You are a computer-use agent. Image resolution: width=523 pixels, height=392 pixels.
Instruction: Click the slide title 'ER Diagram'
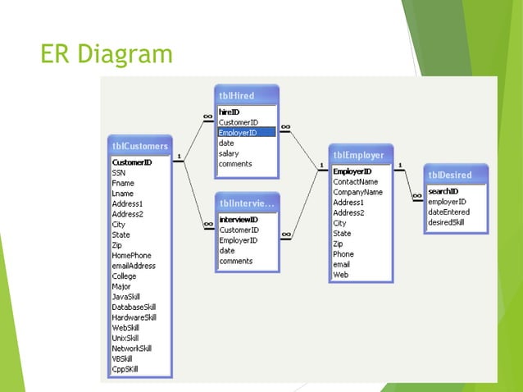point(107,54)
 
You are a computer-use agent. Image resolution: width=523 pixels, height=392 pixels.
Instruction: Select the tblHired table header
point(237,95)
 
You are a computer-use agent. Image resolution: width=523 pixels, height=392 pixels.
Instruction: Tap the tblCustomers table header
point(140,146)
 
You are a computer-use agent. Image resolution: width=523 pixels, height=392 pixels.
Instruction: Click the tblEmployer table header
point(358,154)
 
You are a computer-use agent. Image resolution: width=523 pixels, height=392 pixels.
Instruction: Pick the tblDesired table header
point(449,175)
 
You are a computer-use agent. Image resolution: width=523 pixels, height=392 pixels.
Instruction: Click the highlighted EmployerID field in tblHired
point(239,132)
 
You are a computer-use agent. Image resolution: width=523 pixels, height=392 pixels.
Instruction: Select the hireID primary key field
point(230,112)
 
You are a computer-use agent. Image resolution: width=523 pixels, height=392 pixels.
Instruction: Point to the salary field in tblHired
point(229,153)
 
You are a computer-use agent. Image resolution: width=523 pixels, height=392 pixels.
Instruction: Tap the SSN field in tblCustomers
point(119,173)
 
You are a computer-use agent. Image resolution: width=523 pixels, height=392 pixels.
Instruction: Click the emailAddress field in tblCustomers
point(134,266)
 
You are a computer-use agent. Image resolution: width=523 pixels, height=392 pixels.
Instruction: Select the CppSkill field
point(125,369)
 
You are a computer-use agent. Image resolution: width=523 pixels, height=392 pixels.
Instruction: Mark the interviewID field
point(239,220)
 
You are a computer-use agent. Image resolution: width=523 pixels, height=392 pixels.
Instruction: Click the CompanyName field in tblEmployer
point(357,192)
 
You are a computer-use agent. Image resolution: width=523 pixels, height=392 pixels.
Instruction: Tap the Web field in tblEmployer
point(340,275)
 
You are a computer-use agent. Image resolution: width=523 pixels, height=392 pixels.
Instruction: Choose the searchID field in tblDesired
point(443,191)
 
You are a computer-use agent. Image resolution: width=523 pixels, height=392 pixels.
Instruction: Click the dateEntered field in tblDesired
point(449,212)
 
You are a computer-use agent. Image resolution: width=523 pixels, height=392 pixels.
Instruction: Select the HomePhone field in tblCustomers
point(132,255)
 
